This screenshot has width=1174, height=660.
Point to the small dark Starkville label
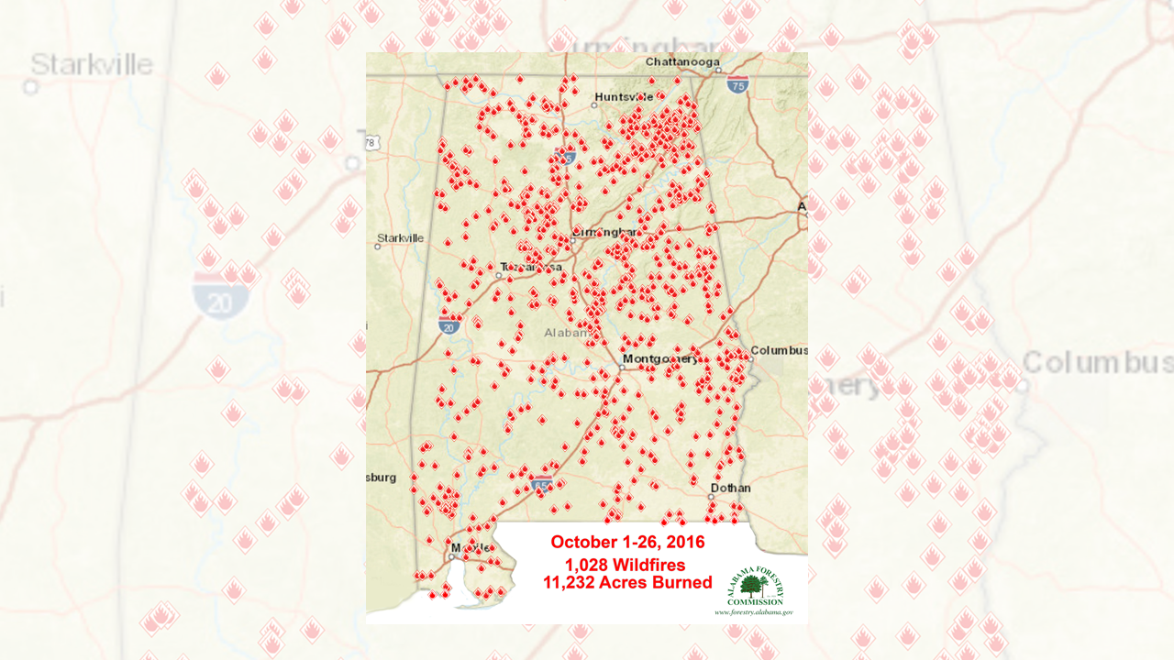(401, 237)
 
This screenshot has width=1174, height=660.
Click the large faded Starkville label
(91, 64)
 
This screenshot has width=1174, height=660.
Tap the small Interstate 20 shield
(449, 325)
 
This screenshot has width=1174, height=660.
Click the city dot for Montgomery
(621, 368)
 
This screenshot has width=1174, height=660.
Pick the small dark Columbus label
(779, 350)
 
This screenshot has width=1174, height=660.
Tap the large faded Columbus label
(1097, 362)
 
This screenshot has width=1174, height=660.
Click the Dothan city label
(731, 488)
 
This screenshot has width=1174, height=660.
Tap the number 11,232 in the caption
(573, 583)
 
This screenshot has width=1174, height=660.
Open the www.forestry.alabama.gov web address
(754, 611)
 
